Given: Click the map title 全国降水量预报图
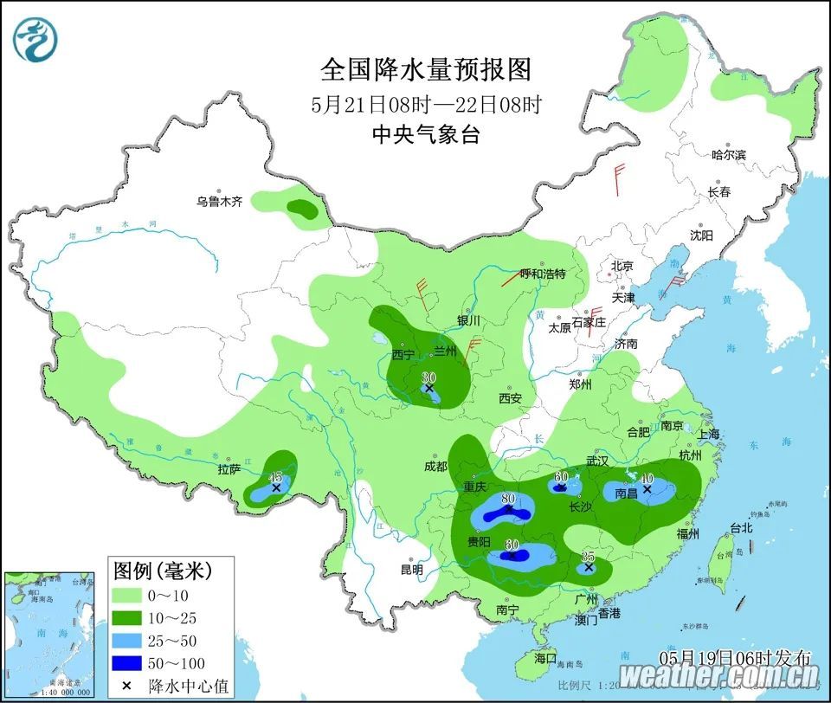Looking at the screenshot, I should point(425,68).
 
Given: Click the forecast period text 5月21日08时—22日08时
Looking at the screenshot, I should point(426,105).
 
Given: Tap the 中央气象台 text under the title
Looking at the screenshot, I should point(425,135).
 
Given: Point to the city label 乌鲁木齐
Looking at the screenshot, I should point(219,202).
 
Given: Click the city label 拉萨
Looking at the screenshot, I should point(229,470).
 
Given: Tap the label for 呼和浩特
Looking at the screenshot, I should point(542,274).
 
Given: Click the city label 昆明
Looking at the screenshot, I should point(412,570).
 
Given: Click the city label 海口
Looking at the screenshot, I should point(545,658).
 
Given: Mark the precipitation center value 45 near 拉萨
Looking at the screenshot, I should point(276,478).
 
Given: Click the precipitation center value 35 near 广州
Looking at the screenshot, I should point(589,558).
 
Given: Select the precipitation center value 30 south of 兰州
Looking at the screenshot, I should point(428,378).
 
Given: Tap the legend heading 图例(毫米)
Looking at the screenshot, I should point(163,571).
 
